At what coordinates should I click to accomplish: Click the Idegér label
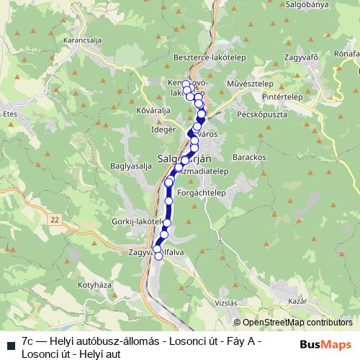161,130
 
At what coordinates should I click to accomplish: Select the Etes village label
9,114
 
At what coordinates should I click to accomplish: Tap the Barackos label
250,156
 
